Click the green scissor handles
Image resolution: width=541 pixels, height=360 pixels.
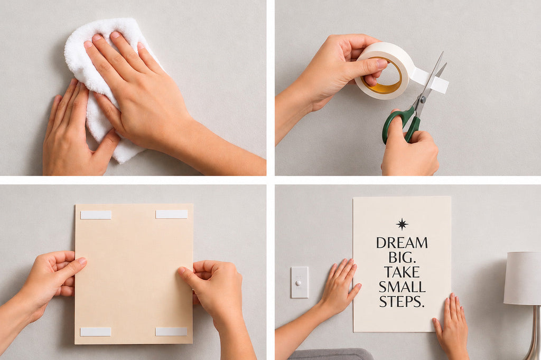point(402,125)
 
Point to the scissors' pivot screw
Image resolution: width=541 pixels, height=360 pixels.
point(423,100)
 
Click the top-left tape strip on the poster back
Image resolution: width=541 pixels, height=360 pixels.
point(96,215)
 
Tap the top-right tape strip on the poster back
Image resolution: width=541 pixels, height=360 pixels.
point(172,214)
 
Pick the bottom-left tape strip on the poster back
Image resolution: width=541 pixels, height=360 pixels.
point(96,331)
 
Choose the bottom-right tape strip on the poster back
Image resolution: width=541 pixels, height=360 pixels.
point(171,331)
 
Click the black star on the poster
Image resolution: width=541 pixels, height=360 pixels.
point(402,224)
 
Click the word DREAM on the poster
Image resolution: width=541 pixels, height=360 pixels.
point(402,243)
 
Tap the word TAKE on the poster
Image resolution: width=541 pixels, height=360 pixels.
point(402,272)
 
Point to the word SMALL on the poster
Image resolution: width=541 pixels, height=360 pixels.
point(402,287)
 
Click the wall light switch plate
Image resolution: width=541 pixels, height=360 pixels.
point(300,282)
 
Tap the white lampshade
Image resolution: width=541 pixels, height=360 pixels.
point(523,278)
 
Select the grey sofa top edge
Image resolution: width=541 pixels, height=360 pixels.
point(331,351)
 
